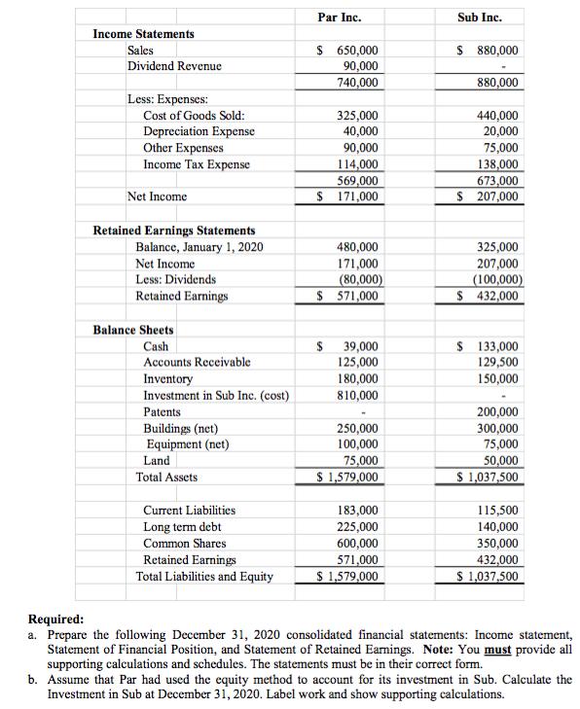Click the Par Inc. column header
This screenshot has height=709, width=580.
tap(346, 17)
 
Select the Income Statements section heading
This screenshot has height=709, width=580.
tap(143, 34)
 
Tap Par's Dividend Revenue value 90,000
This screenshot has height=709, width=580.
tap(357, 66)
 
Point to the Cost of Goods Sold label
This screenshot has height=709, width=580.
tap(186, 115)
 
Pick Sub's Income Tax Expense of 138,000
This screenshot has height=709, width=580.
tap(497, 164)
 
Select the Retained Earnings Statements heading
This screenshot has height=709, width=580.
tap(173, 230)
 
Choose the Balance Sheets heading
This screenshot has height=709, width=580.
tap(132, 330)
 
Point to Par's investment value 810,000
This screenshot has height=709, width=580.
tap(357, 395)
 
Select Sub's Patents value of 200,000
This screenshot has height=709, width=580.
tap(497, 411)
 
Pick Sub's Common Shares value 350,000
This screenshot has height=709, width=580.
tap(497, 544)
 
